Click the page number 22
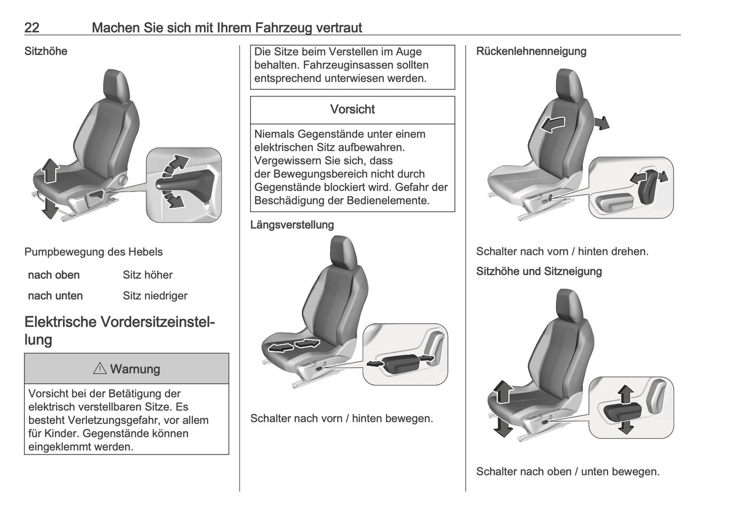tap(31, 27)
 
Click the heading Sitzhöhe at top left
tap(46, 51)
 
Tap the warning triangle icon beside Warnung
tap(99, 368)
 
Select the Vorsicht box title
tap(352, 109)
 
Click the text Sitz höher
tap(148, 275)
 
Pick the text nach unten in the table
tap(55, 296)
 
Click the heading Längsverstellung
tap(292, 225)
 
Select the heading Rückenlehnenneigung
tap(531, 51)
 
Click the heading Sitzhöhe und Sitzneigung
tap(539, 271)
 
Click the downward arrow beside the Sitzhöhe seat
tap(49, 207)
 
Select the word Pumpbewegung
tap(58, 252)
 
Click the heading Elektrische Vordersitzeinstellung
tap(119, 330)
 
